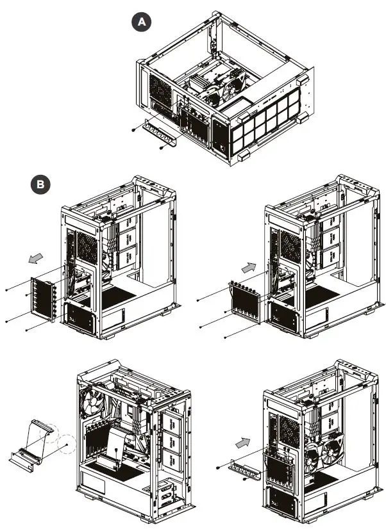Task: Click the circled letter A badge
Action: [x=142, y=22]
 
